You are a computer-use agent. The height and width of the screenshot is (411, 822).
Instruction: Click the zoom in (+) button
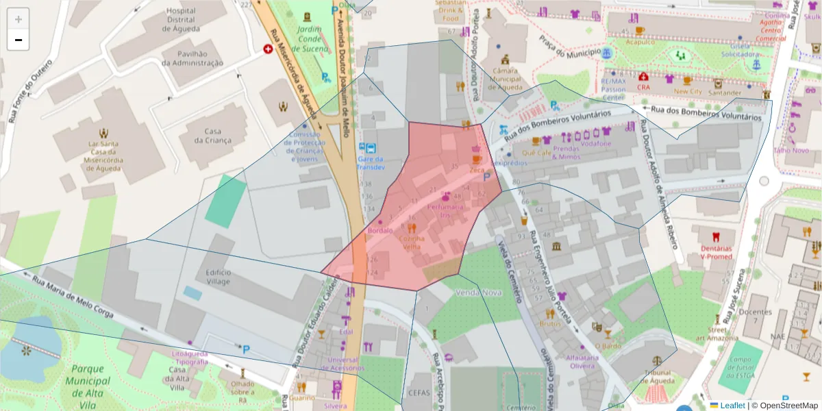click(18, 19)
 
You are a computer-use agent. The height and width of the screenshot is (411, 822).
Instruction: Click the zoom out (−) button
click(18, 40)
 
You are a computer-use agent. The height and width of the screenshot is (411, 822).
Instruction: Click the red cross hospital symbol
click(268, 49)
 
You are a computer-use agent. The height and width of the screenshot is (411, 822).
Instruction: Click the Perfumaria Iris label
click(445, 210)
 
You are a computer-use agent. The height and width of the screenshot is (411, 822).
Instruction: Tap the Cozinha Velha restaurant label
click(411, 242)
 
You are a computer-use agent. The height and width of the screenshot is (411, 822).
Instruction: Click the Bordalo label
click(380, 231)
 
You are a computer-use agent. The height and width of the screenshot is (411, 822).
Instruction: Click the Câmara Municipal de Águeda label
click(506, 79)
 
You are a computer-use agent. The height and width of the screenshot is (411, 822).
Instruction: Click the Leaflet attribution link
click(732, 406)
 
